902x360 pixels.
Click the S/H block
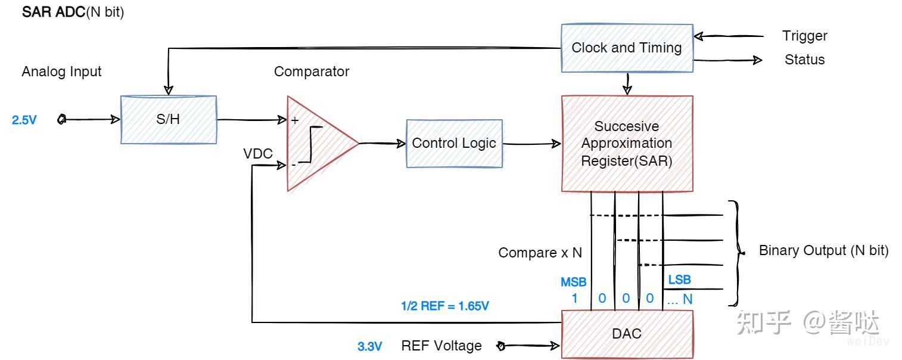[x=168, y=119]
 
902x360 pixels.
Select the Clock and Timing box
[x=627, y=48]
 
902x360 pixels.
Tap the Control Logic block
[x=454, y=143]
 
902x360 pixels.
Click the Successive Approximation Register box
[x=627, y=144]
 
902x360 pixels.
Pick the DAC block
[x=627, y=333]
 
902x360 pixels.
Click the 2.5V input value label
[x=24, y=120]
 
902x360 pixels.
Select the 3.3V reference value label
[x=369, y=346]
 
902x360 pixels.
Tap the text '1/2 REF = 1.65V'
[x=445, y=306]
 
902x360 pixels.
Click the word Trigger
[x=804, y=36]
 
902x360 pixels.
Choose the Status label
[x=804, y=60]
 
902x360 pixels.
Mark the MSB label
[x=573, y=282]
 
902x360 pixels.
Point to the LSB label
[x=679, y=280]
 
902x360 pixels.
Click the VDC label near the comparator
[x=258, y=154]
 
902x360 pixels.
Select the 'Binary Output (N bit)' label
[x=823, y=251]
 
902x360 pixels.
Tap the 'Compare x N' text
[x=540, y=253]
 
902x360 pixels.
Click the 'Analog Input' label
[x=61, y=72]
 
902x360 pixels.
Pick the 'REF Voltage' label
[x=441, y=346]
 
